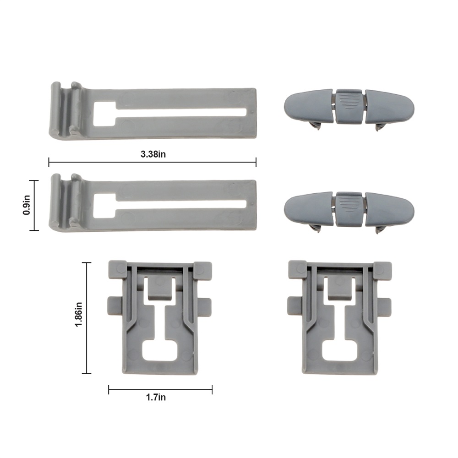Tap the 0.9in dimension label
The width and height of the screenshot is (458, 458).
(x=26, y=205)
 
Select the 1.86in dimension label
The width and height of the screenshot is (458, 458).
(x=79, y=314)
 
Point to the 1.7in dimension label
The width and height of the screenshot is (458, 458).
(x=156, y=397)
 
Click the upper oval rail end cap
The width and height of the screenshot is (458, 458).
(x=349, y=109)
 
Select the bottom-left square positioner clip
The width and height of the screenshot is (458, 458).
(x=160, y=317)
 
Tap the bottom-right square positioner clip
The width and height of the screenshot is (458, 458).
(x=340, y=317)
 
